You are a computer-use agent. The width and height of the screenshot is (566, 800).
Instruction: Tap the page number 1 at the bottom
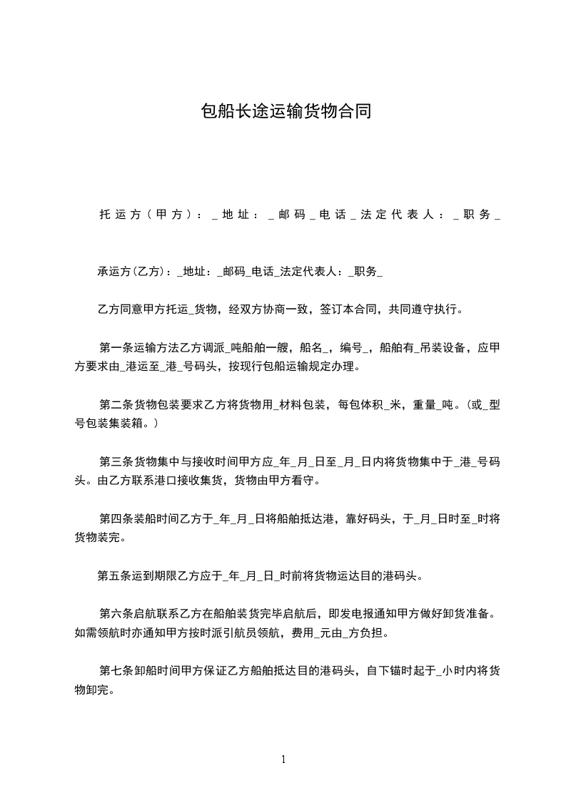[x=283, y=759]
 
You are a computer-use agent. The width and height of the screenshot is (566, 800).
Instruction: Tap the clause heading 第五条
[x=115, y=575]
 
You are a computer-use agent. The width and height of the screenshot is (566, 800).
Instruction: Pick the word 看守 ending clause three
[x=303, y=481]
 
